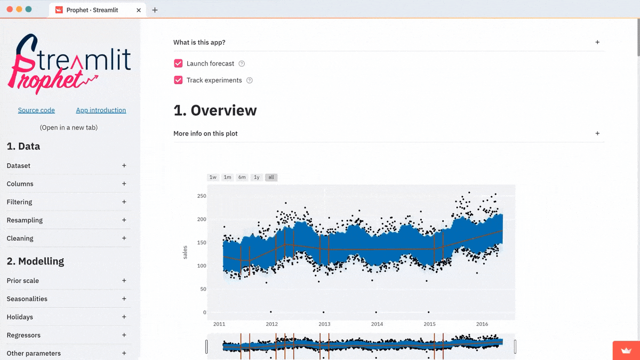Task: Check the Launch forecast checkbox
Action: point(178,63)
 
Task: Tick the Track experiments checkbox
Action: point(178,81)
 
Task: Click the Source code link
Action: point(36,110)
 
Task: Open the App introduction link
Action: point(101,110)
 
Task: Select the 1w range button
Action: point(213,177)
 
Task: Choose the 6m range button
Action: point(242,177)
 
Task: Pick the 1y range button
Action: point(257,177)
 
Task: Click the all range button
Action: point(271,177)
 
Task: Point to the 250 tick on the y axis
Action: point(201,196)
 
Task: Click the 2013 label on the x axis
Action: point(324,324)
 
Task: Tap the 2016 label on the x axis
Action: point(482,324)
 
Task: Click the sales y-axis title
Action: point(185,252)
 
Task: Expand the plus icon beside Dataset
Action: point(124,166)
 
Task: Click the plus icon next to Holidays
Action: point(124,317)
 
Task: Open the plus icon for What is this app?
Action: point(597,43)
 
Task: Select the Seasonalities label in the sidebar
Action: point(27,299)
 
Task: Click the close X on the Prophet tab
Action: point(139,10)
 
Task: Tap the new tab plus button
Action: point(155,10)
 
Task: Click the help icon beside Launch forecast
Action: point(242,64)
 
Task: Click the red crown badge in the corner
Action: point(626,351)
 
